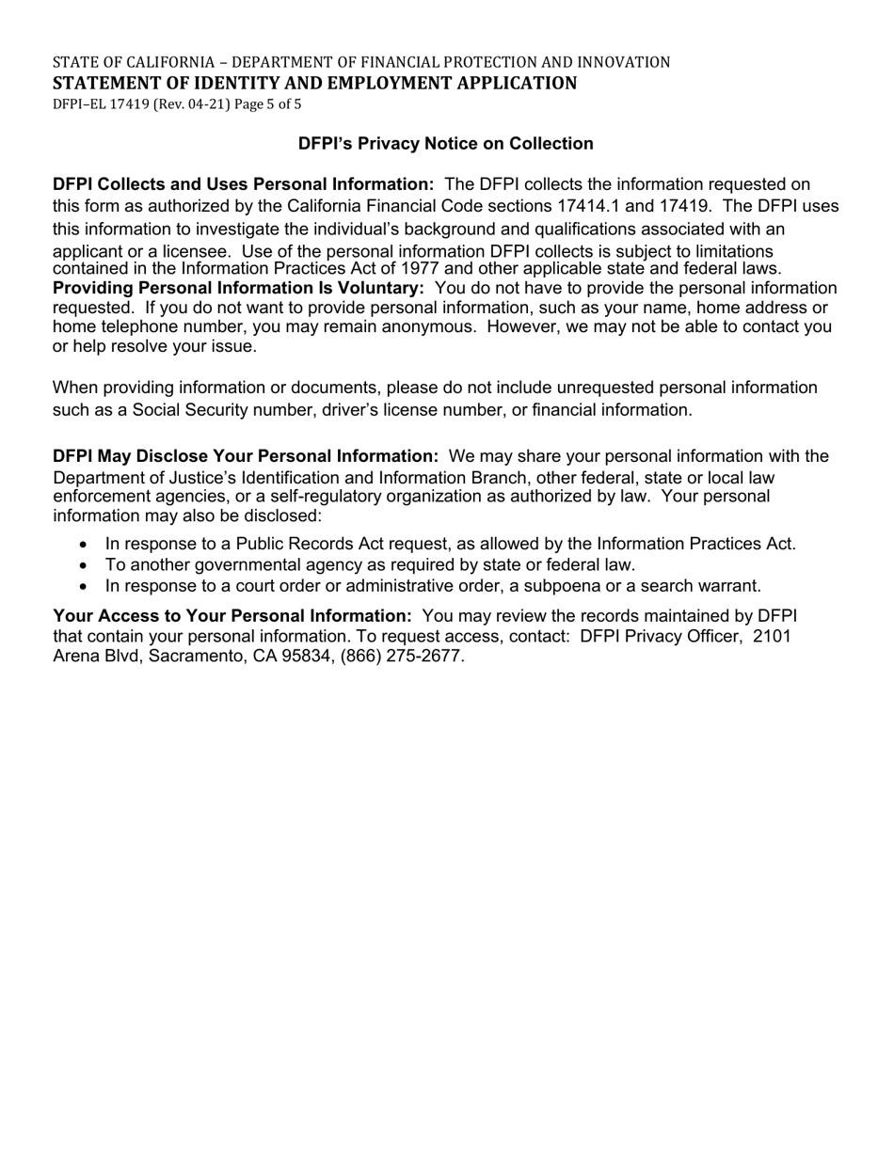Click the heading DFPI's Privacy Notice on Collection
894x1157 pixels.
pyautogui.click(x=445, y=144)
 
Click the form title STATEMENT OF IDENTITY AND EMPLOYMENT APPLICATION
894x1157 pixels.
pyautogui.click(x=314, y=84)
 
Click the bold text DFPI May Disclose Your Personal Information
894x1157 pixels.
pyautogui.click(x=246, y=456)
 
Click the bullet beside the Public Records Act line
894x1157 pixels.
pyautogui.click(x=85, y=545)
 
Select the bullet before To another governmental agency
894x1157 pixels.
pyautogui.click(x=85, y=565)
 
